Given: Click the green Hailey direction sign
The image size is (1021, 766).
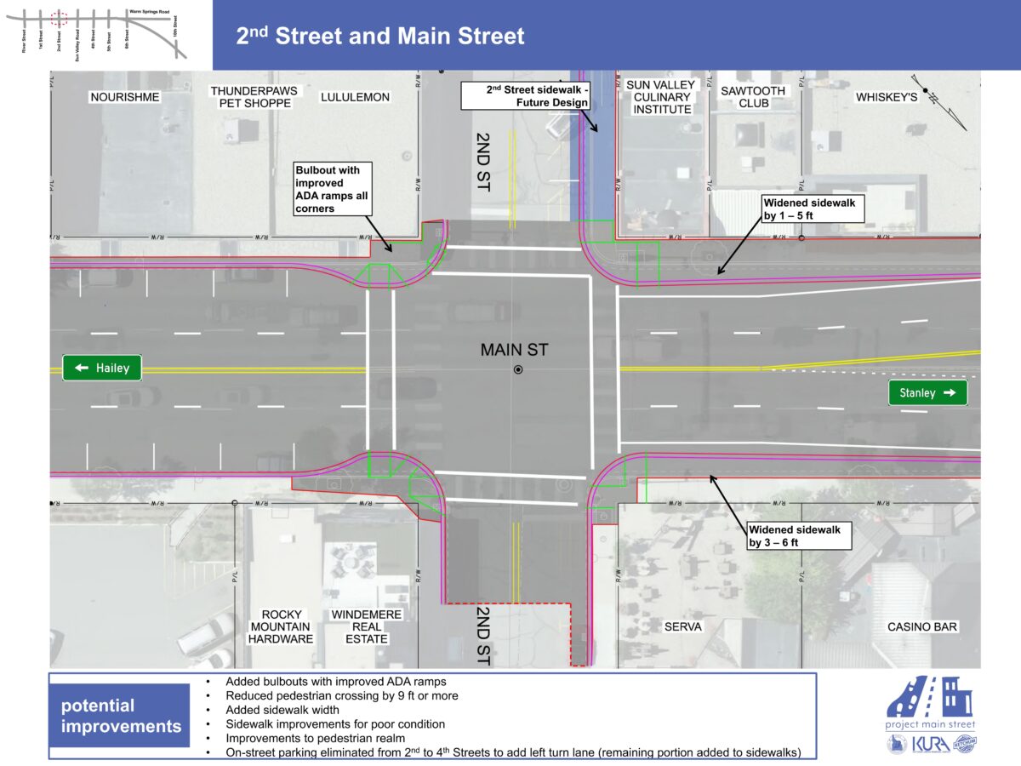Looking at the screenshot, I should tap(102, 368).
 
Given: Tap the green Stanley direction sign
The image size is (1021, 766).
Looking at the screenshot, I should tap(927, 393).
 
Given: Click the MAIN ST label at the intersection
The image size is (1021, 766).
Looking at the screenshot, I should tap(515, 349).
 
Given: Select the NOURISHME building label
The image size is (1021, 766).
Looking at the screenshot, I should tap(124, 97).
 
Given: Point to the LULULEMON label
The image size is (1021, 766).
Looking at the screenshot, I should tap(355, 97).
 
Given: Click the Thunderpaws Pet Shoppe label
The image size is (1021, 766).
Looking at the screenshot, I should tap(251, 97).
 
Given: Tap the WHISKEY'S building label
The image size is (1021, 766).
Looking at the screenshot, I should tap(887, 97).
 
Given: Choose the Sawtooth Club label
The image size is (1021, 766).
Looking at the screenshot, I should tap(744, 97).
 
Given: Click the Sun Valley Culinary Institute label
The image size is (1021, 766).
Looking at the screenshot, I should tap(660, 97).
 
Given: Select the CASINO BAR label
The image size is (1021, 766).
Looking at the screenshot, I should tap(922, 626).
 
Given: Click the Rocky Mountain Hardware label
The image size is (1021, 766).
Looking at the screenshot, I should tap(282, 626).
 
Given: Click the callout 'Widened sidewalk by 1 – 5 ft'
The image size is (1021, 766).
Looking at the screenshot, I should tap(813, 209).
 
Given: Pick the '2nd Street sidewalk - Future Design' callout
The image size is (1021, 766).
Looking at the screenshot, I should tap(526, 96).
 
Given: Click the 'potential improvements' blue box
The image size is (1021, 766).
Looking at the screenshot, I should tap(121, 716).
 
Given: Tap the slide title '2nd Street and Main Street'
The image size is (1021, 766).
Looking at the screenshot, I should tap(380, 36).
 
